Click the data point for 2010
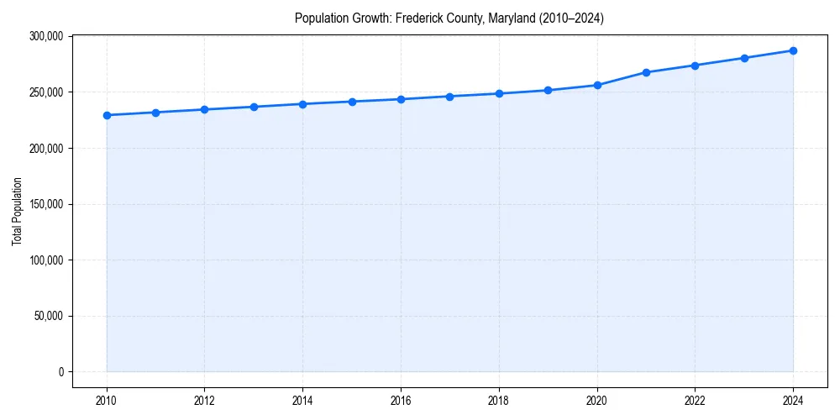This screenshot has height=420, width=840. pos(107,115)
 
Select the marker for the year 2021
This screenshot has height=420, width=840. pos(646,72)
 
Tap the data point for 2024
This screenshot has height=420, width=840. pos(793,50)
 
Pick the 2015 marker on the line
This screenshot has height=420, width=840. pos(352,102)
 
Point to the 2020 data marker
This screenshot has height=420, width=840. pos(597,85)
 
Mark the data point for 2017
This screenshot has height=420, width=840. pos(450,97)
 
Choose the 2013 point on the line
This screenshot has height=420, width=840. pos(254,107)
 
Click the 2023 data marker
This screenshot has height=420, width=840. pos(744,58)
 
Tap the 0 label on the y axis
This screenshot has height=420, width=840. pos(61,372)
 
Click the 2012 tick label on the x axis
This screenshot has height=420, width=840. pos(205,400)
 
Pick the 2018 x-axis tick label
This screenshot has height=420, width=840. pos(499,400)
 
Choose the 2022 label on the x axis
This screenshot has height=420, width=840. pos(695,400)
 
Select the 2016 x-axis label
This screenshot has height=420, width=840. pos(401,400)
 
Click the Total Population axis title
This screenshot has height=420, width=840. pos(17,211)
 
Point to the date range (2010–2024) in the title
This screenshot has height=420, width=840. pos(566,18)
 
